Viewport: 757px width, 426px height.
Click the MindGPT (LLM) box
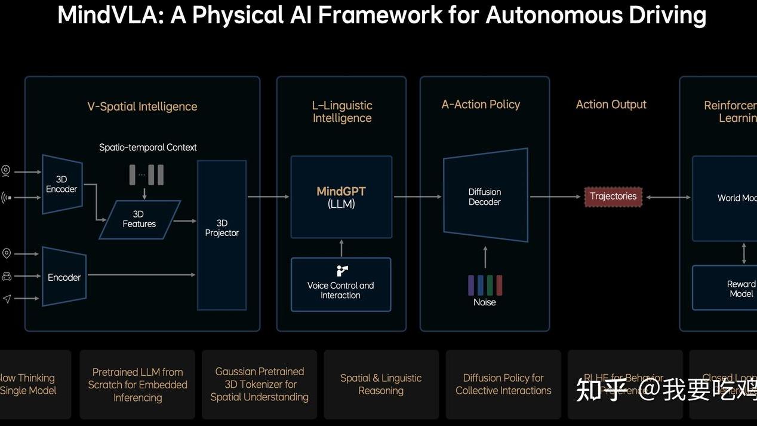(341, 197)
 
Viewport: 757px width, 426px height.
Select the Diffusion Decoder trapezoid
(485, 196)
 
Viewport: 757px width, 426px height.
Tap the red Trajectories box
(613, 197)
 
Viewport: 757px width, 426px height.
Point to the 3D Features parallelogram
(139, 219)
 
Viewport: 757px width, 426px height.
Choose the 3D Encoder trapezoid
(61, 184)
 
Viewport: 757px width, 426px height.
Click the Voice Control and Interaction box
(340, 285)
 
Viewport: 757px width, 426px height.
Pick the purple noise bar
(472, 285)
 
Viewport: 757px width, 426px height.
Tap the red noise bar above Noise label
(499, 285)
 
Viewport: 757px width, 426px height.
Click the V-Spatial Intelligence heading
(142, 106)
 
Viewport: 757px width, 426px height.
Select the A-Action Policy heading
(481, 105)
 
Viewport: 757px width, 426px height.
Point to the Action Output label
(611, 105)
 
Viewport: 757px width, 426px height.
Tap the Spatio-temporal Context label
(147, 147)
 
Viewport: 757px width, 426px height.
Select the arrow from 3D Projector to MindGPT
(268, 197)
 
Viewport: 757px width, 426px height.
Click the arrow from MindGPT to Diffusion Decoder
(417, 197)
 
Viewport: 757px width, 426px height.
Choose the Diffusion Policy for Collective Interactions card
(503, 384)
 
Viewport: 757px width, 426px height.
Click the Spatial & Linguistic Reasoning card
(381, 384)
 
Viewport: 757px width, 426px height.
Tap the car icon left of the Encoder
(7, 276)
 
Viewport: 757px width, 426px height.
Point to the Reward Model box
(740, 289)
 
